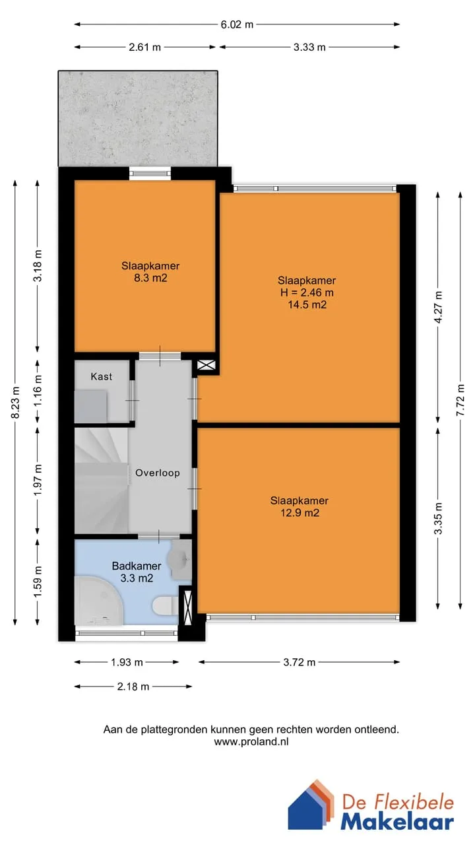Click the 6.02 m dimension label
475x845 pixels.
[x=237, y=24]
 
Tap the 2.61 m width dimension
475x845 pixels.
[x=144, y=47]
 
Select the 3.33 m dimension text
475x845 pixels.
[x=309, y=47]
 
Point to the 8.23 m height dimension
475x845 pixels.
[x=15, y=402]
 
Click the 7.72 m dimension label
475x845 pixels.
[x=460, y=400]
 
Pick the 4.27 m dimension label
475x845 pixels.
[x=438, y=307]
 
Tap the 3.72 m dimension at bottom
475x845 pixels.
[x=300, y=662]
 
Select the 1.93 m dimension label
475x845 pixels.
[x=127, y=662]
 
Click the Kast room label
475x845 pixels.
[x=102, y=376]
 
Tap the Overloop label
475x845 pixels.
[x=158, y=473]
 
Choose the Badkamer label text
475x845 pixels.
[x=137, y=566]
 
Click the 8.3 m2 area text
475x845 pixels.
[x=150, y=278]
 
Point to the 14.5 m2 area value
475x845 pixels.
[x=307, y=305]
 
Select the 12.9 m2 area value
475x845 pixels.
[x=300, y=513]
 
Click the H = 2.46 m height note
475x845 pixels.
[x=307, y=292]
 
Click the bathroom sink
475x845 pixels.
[x=179, y=559]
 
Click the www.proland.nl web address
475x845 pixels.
[x=251, y=741]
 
